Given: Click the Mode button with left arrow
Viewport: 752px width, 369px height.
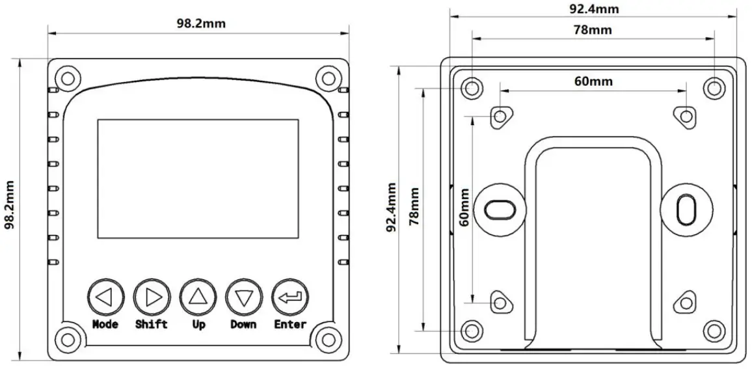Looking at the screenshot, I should point(105,297).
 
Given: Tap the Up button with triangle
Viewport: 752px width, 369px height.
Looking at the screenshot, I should point(198,297).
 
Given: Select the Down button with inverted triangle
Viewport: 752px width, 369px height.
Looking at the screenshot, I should point(244,297).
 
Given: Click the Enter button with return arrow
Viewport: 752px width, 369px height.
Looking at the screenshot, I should point(290,297).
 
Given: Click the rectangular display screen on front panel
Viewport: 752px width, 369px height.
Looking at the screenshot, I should point(198,178).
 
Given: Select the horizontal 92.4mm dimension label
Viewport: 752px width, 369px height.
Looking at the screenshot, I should point(593,8).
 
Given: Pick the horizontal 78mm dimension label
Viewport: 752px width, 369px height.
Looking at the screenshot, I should point(593,30).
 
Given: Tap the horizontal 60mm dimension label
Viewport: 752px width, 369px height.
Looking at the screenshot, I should point(593,81).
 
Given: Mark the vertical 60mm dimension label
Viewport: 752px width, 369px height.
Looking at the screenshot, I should point(464,208).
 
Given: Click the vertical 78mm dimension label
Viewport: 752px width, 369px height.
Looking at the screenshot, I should point(414,207).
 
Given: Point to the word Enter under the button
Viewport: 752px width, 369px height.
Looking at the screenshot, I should point(290,324).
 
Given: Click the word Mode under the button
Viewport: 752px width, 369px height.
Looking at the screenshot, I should point(105,324).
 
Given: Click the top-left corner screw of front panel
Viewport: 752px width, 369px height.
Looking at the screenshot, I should point(67,78).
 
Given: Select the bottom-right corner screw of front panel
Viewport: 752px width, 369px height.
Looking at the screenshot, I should point(328,340).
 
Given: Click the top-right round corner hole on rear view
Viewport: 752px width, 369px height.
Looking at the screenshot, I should point(714,87).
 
